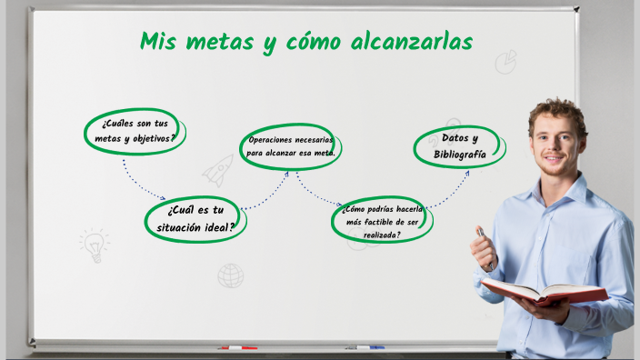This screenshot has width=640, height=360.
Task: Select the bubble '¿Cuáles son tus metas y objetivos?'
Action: (x=136, y=131)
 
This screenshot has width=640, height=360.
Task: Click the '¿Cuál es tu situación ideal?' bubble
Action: (x=195, y=219)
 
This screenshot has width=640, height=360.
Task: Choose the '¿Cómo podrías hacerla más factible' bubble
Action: (x=382, y=221)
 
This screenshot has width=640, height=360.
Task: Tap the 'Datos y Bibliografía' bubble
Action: (x=460, y=146)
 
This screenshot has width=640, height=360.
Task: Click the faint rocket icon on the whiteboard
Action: (x=218, y=169)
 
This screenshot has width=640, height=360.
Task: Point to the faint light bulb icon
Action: (x=94, y=244)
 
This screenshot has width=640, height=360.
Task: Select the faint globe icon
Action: (x=231, y=275)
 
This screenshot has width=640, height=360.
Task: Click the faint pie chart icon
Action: (x=506, y=62)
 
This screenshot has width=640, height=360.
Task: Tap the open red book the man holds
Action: (x=544, y=292)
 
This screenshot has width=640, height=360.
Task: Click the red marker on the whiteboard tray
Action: (x=238, y=347)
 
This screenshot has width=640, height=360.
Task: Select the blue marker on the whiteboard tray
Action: (x=365, y=347)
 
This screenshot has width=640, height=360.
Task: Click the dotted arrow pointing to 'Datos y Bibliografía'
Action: (x=451, y=189)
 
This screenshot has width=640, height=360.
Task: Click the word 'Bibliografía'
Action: (x=460, y=155)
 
